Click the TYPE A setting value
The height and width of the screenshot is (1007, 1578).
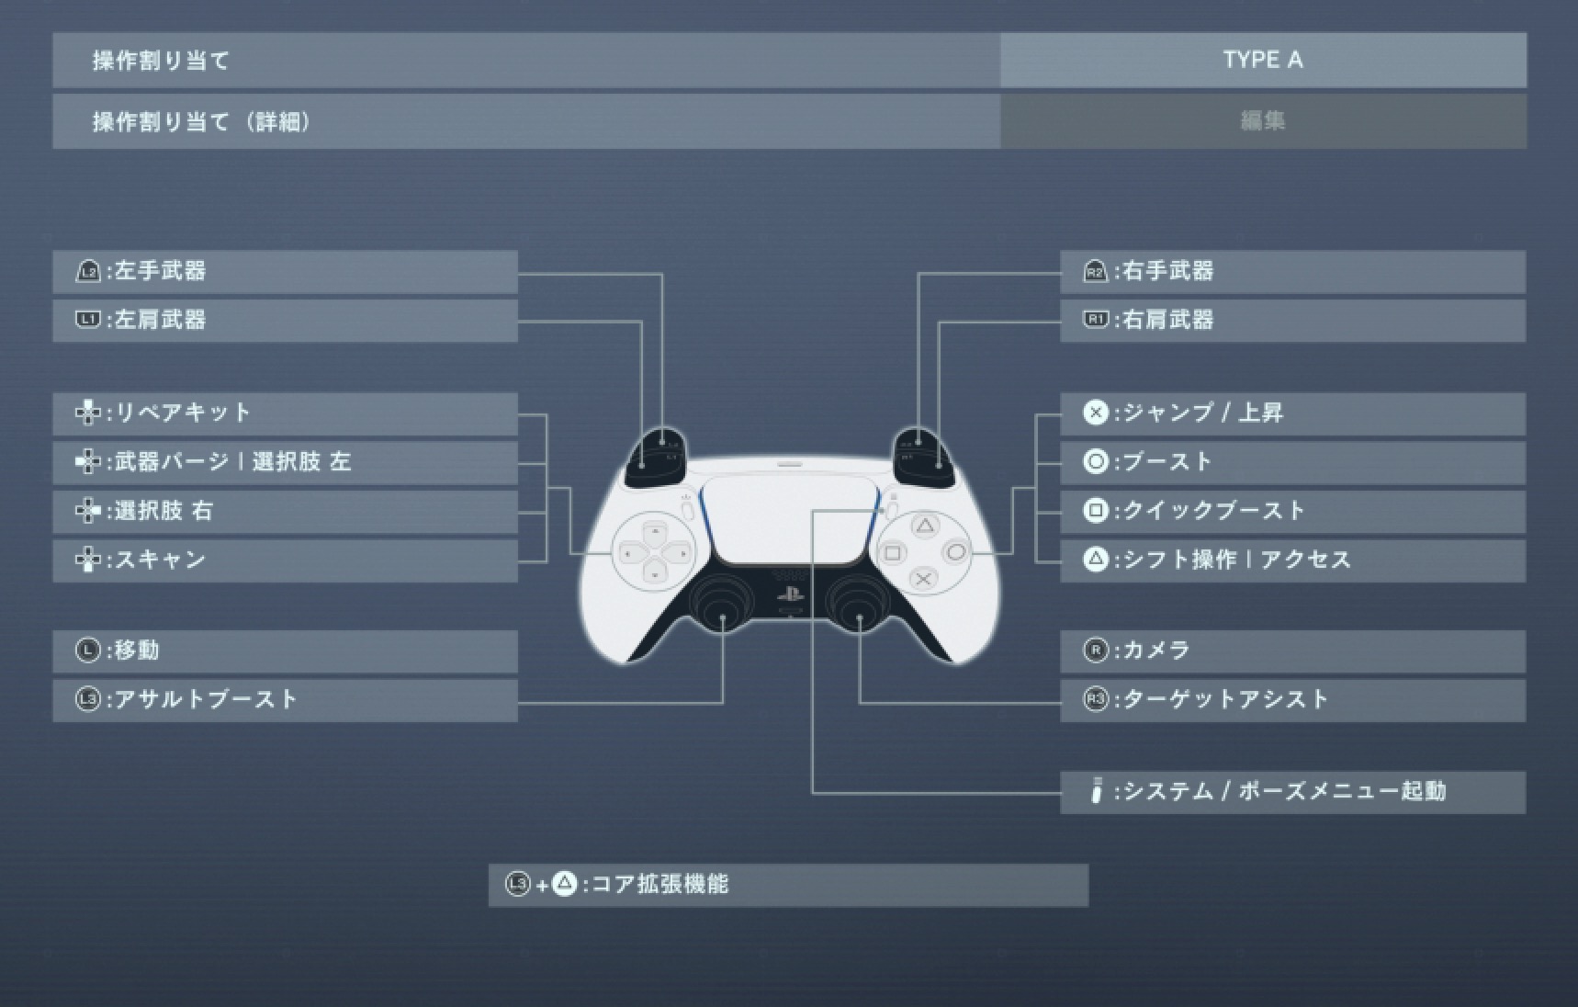[1263, 61]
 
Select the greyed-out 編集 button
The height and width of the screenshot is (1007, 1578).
[1263, 121]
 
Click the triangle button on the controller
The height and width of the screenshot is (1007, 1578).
[925, 526]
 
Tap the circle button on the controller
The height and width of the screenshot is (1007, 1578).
[956, 552]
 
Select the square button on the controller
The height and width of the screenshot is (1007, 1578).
[892, 553]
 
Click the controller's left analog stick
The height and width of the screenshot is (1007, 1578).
[723, 605]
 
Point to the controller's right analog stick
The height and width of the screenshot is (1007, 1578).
[857, 605]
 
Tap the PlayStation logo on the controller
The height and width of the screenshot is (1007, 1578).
[790, 593]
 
